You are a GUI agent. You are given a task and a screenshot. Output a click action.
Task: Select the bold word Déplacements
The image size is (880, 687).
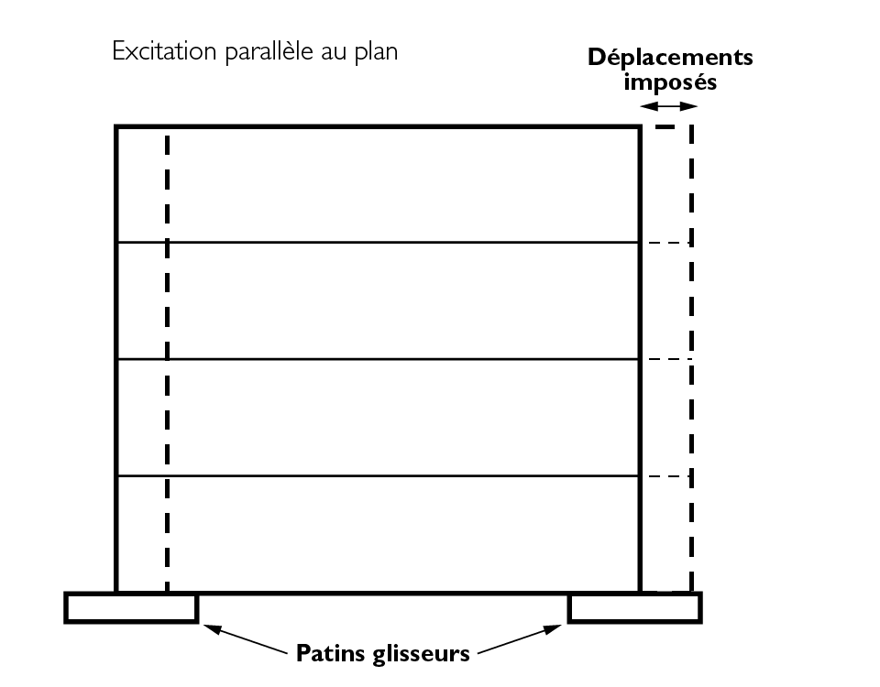670,58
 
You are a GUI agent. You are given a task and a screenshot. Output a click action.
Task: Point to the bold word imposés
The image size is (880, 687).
669,82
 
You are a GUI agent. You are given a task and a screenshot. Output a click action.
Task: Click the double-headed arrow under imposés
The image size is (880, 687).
668,107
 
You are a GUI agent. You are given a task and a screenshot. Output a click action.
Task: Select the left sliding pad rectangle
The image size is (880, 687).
131,608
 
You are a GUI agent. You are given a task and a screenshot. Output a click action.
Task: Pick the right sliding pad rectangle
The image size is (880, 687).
634,608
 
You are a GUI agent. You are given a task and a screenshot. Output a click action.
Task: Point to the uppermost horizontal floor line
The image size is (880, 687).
378,243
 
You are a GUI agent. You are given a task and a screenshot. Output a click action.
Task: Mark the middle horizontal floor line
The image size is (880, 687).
378,360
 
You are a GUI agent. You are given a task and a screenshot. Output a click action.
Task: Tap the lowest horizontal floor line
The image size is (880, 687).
378,476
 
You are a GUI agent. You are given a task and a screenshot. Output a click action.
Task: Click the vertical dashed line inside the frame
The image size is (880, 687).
167,366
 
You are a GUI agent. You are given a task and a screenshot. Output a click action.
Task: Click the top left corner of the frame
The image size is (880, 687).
117,127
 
